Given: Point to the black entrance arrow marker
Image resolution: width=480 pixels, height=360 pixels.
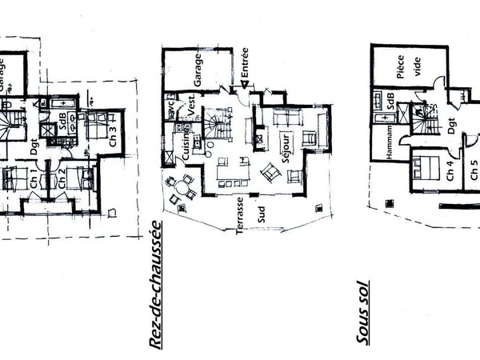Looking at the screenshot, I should click(238, 87).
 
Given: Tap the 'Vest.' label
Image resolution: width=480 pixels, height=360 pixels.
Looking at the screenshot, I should click(192, 102).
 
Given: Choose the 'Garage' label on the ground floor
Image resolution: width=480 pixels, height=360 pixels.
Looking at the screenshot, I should click(198, 72).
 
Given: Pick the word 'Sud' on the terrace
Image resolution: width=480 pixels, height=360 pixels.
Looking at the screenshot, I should click(261, 214).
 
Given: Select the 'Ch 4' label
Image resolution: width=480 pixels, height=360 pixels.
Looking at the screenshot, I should click(450, 171).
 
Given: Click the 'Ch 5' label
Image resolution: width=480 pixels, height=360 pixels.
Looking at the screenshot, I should click(474, 171).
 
